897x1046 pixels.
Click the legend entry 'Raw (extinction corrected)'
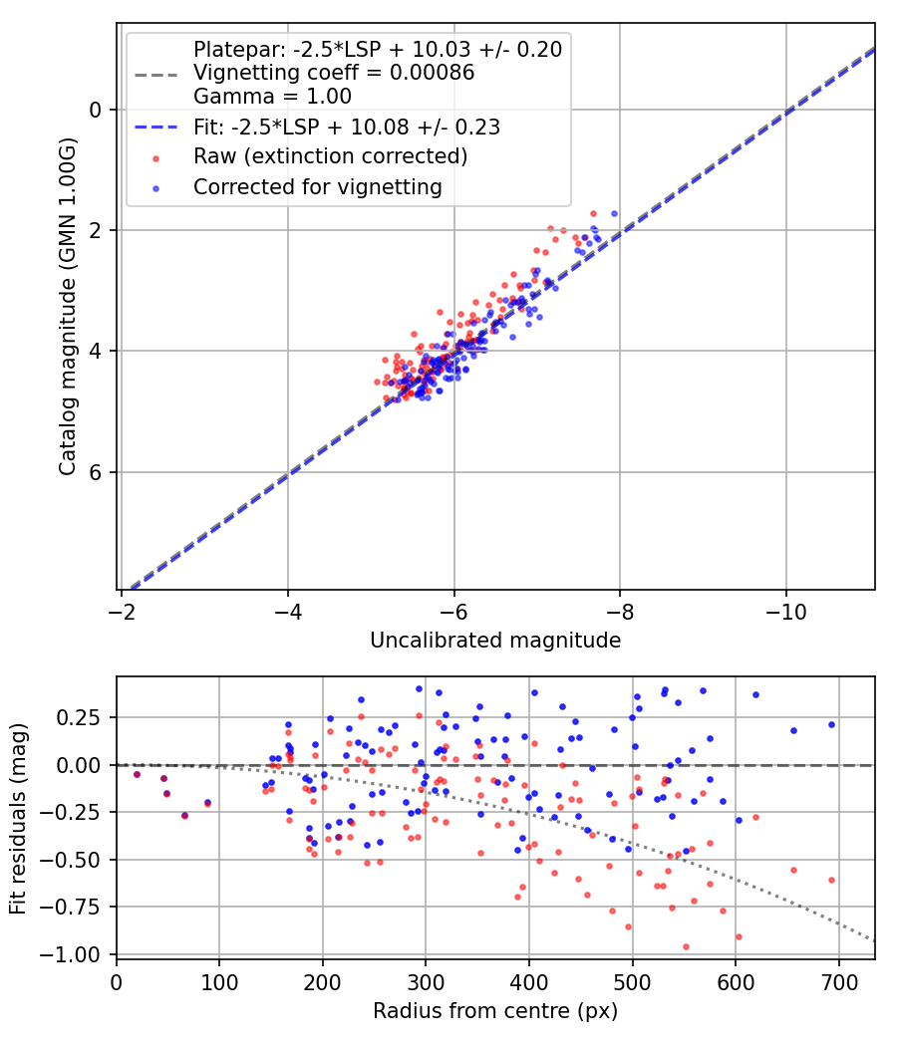(330, 156)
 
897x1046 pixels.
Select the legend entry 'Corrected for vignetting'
(318, 186)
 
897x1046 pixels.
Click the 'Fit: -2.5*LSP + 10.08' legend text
(346, 127)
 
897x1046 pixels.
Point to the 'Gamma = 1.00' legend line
(272, 97)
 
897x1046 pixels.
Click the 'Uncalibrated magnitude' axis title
(495, 641)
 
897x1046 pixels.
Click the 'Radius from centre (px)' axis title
(495, 1011)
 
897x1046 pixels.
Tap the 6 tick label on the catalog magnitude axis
(98, 472)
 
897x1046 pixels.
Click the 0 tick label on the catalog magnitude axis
(98, 110)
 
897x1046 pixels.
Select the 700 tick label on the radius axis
(838, 983)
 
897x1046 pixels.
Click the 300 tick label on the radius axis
(426, 983)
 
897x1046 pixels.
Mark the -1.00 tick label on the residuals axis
(77, 954)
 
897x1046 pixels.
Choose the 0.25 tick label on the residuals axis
(83, 717)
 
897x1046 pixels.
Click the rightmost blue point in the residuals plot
(831, 724)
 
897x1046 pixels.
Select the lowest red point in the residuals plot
(686, 946)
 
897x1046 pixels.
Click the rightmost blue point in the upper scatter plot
(614, 213)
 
